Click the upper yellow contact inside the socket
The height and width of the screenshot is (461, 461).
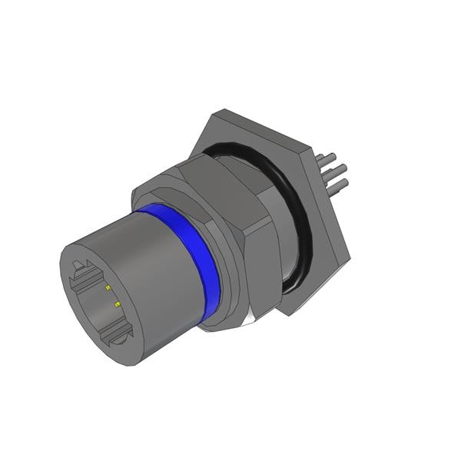coord(108,288)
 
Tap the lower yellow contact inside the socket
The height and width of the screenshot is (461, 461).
coord(117,305)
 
